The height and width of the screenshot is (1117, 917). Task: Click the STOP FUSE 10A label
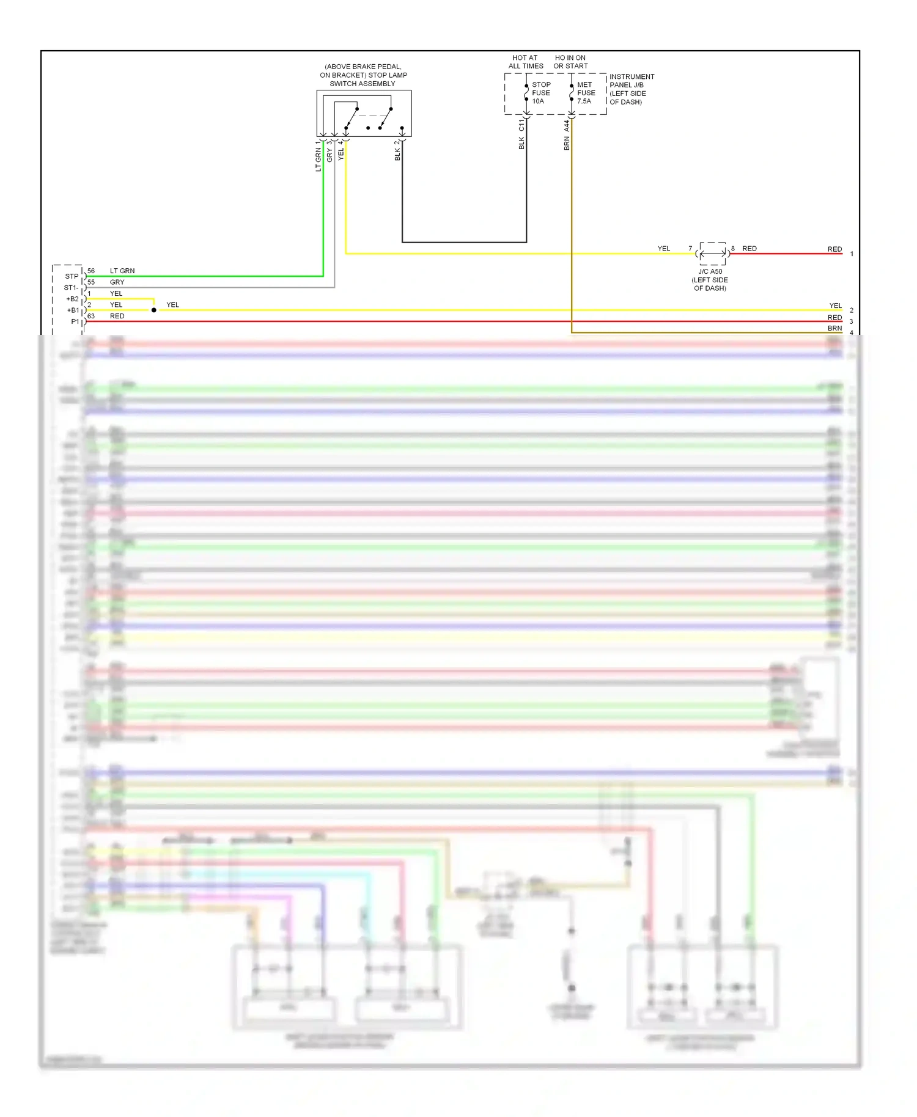[x=540, y=93]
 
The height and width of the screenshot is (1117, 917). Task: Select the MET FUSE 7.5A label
[x=586, y=93]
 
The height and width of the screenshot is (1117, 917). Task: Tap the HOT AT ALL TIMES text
[x=525, y=62]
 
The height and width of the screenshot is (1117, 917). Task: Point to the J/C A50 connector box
[x=712, y=253]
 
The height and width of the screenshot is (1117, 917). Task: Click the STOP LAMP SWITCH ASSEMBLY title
[x=363, y=75]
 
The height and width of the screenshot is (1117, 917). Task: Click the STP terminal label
[x=72, y=276]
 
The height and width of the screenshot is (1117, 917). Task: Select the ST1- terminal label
[x=71, y=288]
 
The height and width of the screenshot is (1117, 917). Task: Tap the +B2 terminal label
[x=72, y=299]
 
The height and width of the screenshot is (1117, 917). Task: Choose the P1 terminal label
[x=75, y=321]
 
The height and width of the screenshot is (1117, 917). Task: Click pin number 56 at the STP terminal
[x=91, y=271]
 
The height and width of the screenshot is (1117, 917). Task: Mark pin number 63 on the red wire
[x=91, y=316]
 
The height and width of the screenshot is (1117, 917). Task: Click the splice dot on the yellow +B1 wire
[x=154, y=310]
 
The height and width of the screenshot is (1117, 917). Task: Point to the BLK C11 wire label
[x=521, y=134]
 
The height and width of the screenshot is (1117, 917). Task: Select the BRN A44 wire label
[x=567, y=134]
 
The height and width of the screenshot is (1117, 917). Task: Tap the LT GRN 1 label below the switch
[x=318, y=156]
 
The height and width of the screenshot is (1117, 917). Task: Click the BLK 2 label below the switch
[x=397, y=150]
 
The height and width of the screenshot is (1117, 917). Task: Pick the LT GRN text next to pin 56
[x=122, y=271]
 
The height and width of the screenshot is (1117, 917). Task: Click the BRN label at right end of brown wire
[x=834, y=328]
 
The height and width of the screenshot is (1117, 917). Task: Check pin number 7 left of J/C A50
[x=690, y=249]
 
